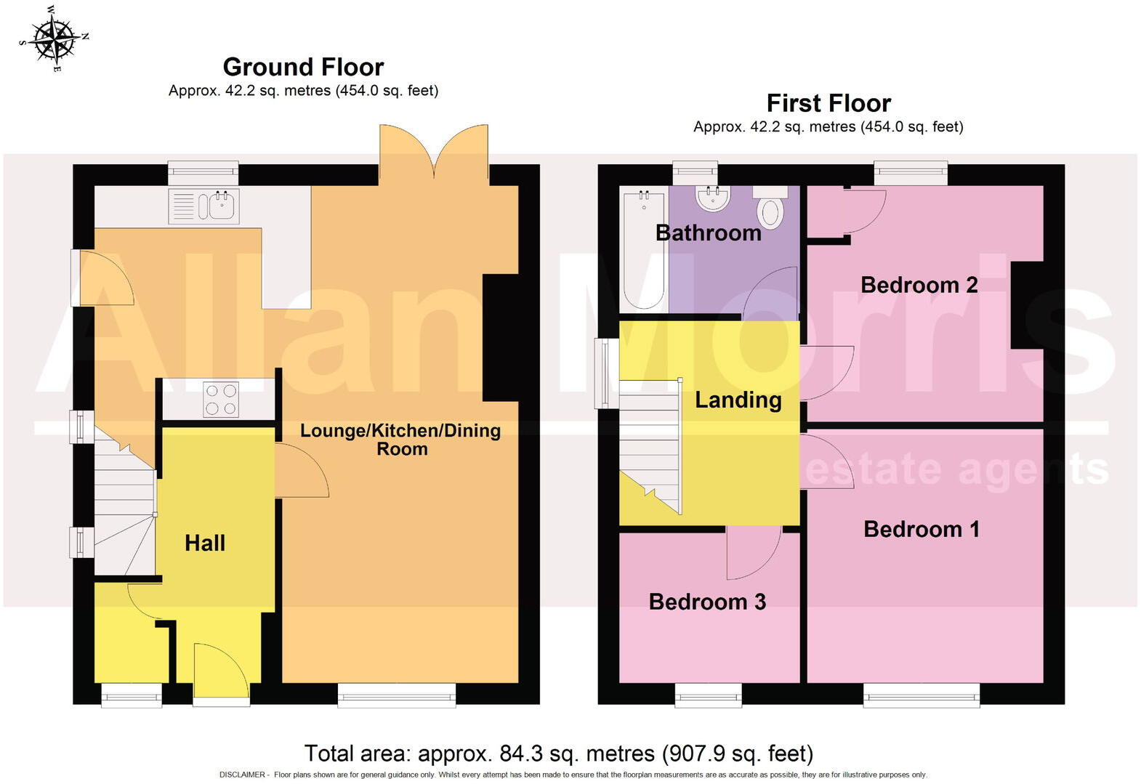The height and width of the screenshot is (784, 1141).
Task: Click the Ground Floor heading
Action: (303, 67)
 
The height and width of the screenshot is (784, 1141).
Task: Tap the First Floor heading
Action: (828, 103)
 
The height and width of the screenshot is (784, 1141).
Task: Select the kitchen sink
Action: (203, 206)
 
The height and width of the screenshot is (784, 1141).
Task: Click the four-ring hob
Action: (221, 400)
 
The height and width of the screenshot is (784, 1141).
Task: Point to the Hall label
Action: (205, 543)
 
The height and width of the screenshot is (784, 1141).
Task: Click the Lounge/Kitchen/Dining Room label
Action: (401, 439)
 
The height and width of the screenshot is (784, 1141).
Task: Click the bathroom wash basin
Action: (712, 198)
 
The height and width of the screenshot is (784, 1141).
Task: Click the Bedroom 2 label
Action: (919, 285)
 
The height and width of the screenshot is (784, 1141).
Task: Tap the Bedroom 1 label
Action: (921, 529)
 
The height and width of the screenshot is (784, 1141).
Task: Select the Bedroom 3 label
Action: (707, 602)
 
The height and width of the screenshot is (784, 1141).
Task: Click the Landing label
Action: (738, 400)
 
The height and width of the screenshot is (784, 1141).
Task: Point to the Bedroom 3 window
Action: (709, 695)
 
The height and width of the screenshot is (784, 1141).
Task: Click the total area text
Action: (558, 753)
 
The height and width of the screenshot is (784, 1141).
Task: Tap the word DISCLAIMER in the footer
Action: (241, 775)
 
